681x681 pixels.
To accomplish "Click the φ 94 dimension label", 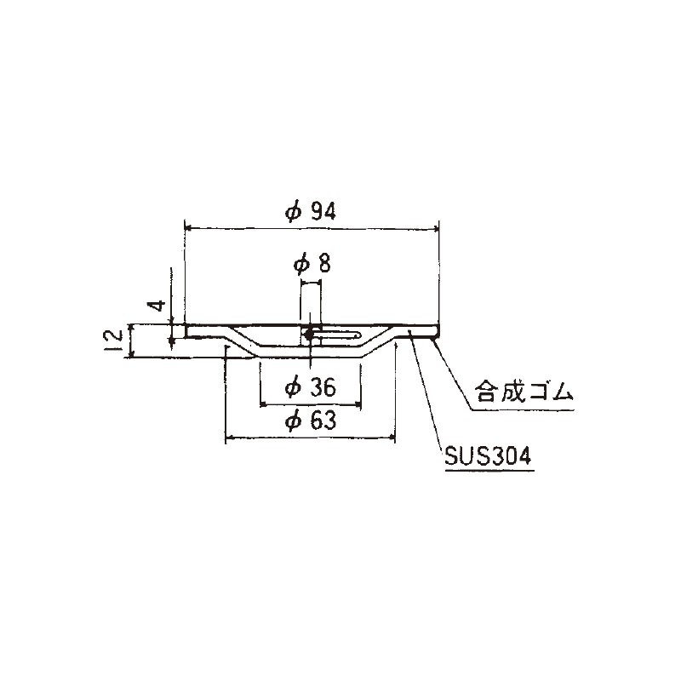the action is pos(311,212).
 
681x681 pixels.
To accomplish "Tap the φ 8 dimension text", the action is pos(312,265).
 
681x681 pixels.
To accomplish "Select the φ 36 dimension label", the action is pos(311,387).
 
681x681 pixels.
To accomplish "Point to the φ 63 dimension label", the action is pos(311,421).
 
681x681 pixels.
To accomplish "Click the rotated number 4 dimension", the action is pos(158,305).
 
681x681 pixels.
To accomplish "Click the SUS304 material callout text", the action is pos(488,456).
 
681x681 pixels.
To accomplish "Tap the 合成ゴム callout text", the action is pos(524,392).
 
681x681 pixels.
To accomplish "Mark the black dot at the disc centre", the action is pos(309,335).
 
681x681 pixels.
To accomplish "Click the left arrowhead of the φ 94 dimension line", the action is pos(188,227).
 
